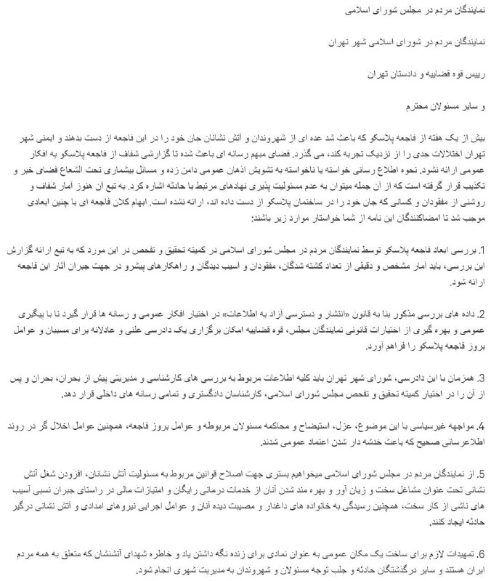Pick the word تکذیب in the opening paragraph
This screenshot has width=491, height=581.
[474, 178]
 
